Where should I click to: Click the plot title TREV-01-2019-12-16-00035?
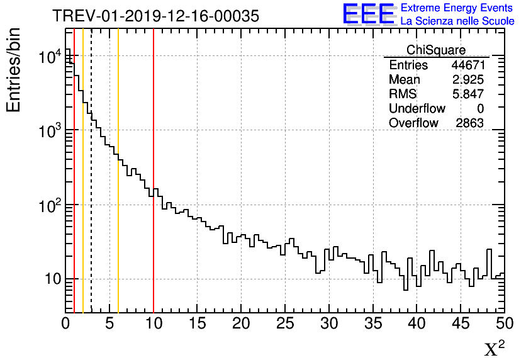click(x=155, y=16)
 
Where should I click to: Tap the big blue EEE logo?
click(x=368, y=14)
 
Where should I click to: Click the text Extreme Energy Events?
click(x=457, y=8)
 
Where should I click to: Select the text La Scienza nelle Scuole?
click(x=457, y=21)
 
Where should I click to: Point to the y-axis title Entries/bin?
click(x=14, y=70)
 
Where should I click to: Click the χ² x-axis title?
click(x=494, y=349)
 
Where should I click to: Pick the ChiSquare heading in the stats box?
click(x=436, y=50)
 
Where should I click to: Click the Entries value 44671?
click(x=467, y=65)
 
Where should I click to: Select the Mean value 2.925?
click(x=467, y=80)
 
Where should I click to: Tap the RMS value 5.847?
click(x=467, y=94)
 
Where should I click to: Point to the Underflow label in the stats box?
click(x=417, y=109)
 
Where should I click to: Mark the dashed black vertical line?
click(x=91, y=189)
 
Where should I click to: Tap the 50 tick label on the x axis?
click(x=503, y=323)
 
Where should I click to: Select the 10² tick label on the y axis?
click(x=49, y=205)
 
